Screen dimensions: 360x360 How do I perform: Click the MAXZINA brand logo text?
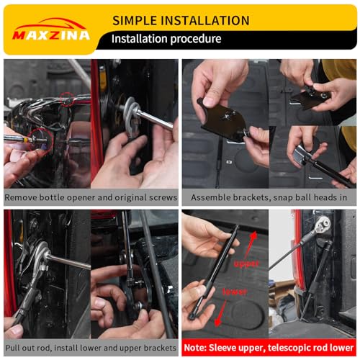[51, 35]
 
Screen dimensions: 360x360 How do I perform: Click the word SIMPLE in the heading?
[134, 20]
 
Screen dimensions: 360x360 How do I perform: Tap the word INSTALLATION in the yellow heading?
[204, 20]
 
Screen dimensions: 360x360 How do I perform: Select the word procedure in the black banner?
[196, 39]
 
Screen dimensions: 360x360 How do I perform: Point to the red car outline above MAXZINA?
[50, 24]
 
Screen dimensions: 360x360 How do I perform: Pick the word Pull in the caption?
[12, 348]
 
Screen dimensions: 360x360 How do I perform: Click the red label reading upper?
[246, 264]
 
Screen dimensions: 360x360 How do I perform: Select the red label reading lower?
[235, 292]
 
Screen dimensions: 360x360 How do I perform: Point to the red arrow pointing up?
[251, 246]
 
